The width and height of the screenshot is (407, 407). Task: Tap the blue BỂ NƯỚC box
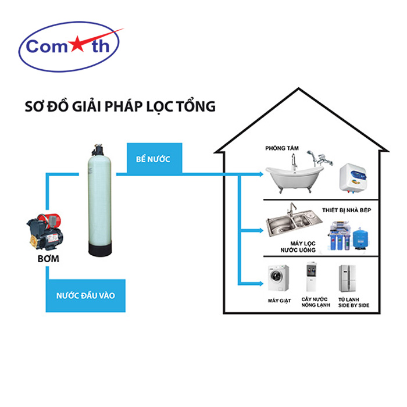click(x=154, y=159)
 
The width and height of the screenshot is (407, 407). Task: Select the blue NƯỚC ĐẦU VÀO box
click(x=85, y=295)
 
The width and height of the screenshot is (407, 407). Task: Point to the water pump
click(x=47, y=230)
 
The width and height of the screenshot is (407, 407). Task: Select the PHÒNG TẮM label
click(x=281, y=148)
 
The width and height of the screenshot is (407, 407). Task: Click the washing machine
click(x=279, y=279)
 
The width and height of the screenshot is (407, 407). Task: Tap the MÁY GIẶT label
click(x=279, y=301)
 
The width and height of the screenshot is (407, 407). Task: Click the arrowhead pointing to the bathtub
click(x=260, y=173)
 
